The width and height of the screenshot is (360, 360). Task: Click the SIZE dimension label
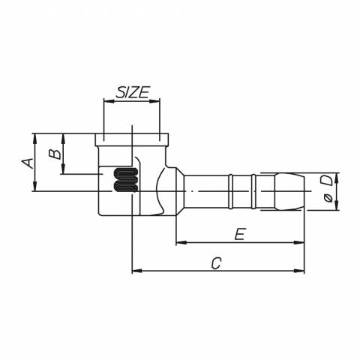point(133,92)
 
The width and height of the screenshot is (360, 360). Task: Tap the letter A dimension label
point(28,163)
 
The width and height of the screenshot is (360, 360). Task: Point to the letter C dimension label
point(216,263)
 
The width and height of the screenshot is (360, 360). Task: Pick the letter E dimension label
point(240,234)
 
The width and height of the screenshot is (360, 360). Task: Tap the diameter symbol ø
point(328,198)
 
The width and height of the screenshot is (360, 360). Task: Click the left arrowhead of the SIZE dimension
point(109,101)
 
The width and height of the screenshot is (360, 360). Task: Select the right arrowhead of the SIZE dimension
point(154,101)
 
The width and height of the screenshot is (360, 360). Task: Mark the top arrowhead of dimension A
point(35,139)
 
